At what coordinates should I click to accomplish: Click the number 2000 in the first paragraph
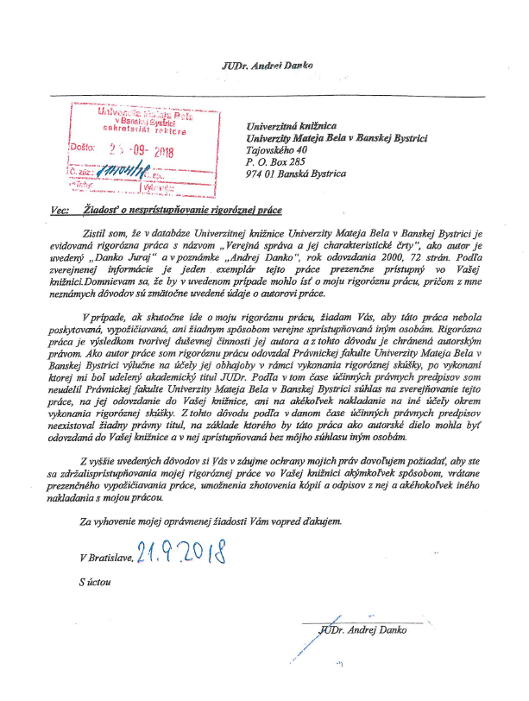pyautogui.click(x=363, y=257)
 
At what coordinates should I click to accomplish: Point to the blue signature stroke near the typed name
pyautogui.click(x=315, y=639)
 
